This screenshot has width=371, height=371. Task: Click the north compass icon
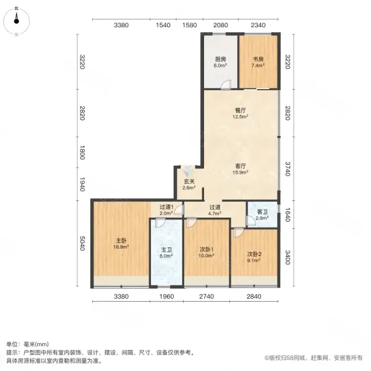pyautogui.click(x=16, y=22)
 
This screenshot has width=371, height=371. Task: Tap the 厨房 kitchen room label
pyautogui.click(x=220, y=62)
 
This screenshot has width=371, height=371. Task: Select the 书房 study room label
pyautogui.click(x=258, y=62)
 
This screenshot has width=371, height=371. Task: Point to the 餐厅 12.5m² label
pyautogui.click(x=240, y=113)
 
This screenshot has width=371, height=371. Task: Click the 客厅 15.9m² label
pyautogui.click(x=240, y=169)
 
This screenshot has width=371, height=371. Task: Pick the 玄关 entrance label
pyautogui.click(x=189, y=184)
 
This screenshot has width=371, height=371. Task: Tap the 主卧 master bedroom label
pyautogui.click(x=121, y=244)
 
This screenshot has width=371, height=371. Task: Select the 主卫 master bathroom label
pyautogui.click(x=166, y=253)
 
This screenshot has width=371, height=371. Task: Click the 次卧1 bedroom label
pyautogui.click(x=207, y=252)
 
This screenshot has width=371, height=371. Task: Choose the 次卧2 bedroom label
pyautogui.click(x=254, y=257)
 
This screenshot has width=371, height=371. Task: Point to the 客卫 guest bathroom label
pyautogui.click(x=262, y=215)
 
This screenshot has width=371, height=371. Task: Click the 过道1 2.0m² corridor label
pyautogui.click(x=166, y=210)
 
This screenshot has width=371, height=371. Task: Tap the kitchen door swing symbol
pyautogui.click(x=226, y=85)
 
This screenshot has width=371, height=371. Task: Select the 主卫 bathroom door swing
pyautogui.click(x=160, y=223)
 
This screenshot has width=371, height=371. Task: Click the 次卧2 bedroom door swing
pyautogui.click(x=239, y=232)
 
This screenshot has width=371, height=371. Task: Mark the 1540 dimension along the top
pyautogui.click(x=163, y=25)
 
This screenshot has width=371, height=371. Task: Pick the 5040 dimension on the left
pyautogui.click(x=82, y=243)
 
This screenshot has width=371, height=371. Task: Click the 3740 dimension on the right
pyautogui.click(x=288, y=169)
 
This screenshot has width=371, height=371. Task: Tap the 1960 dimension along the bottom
pyautogui.click(x=166, y=296)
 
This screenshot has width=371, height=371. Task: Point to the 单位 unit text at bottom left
pyautogui.click(x=11, y=344)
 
